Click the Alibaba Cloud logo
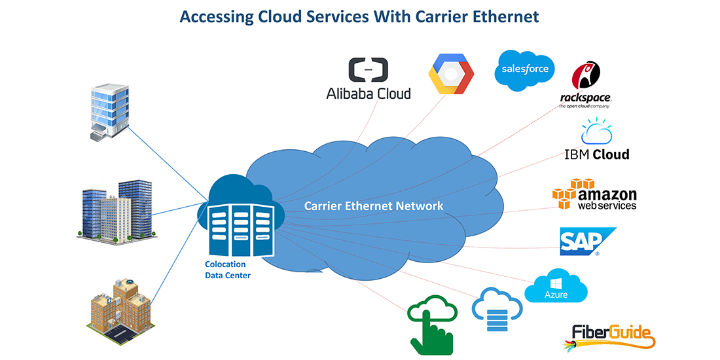pos(369,79)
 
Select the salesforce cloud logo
pos(525,69)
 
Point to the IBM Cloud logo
pos(596,141)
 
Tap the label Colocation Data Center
pos(226,270)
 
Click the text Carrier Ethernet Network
pos(374,206)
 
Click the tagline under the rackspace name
pos(585,105)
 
